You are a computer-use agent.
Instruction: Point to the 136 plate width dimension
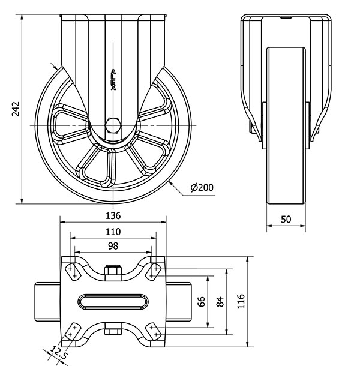(x=113, y=215)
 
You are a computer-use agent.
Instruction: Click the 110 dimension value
(x=113, y=231)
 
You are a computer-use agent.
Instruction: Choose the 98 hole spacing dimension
(x=113, y=246)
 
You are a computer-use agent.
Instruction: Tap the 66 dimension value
(x=202, y=301)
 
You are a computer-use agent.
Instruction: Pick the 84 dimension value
(x=220, y=301)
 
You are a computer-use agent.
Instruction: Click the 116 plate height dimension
(x=241, y=301)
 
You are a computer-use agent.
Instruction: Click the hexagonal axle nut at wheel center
(x=113, y=125)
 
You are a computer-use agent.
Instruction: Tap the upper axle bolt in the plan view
(x=113, y=272)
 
